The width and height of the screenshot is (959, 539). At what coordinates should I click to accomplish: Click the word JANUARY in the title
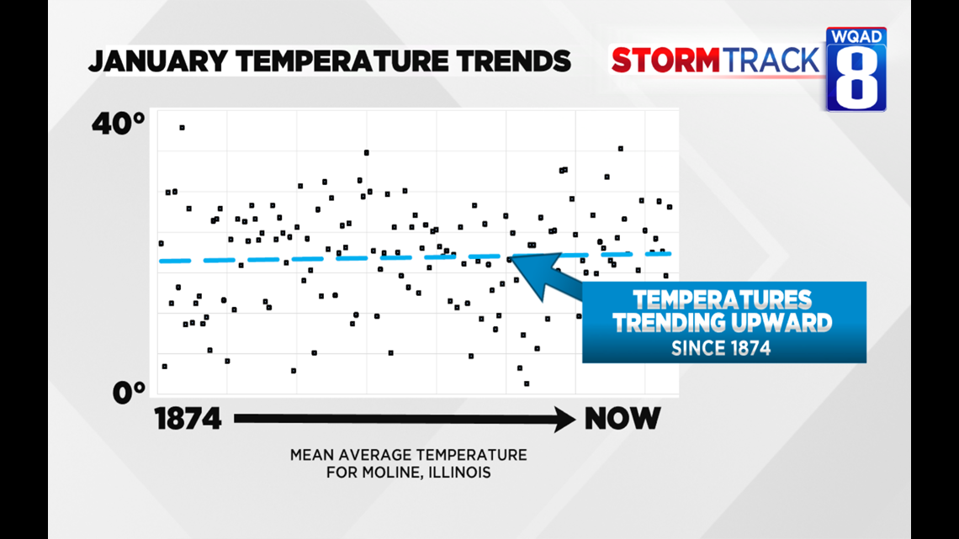click(x=158, y=61)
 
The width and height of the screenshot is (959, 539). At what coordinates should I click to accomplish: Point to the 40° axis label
click(x=119, y=124)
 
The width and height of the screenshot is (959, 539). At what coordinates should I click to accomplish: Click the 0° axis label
click(x=130, y=393)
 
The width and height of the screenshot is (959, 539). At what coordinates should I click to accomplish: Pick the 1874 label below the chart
click(x=188, y=420)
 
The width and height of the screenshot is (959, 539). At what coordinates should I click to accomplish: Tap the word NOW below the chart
click(x=623, y=420)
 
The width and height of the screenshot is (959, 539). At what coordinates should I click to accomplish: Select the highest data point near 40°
click(x=182, y=128)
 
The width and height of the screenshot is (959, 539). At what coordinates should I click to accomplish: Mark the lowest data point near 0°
click(x=527, y=383)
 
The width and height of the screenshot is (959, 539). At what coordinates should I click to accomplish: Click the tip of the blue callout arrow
click(x=512, y=256)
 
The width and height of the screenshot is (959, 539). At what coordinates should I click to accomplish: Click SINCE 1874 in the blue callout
click(x=721, y=348)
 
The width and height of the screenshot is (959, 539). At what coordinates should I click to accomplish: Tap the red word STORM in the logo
click(x=666, y=61)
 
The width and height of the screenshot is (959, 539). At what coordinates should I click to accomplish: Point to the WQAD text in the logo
click(x=856, y=37)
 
